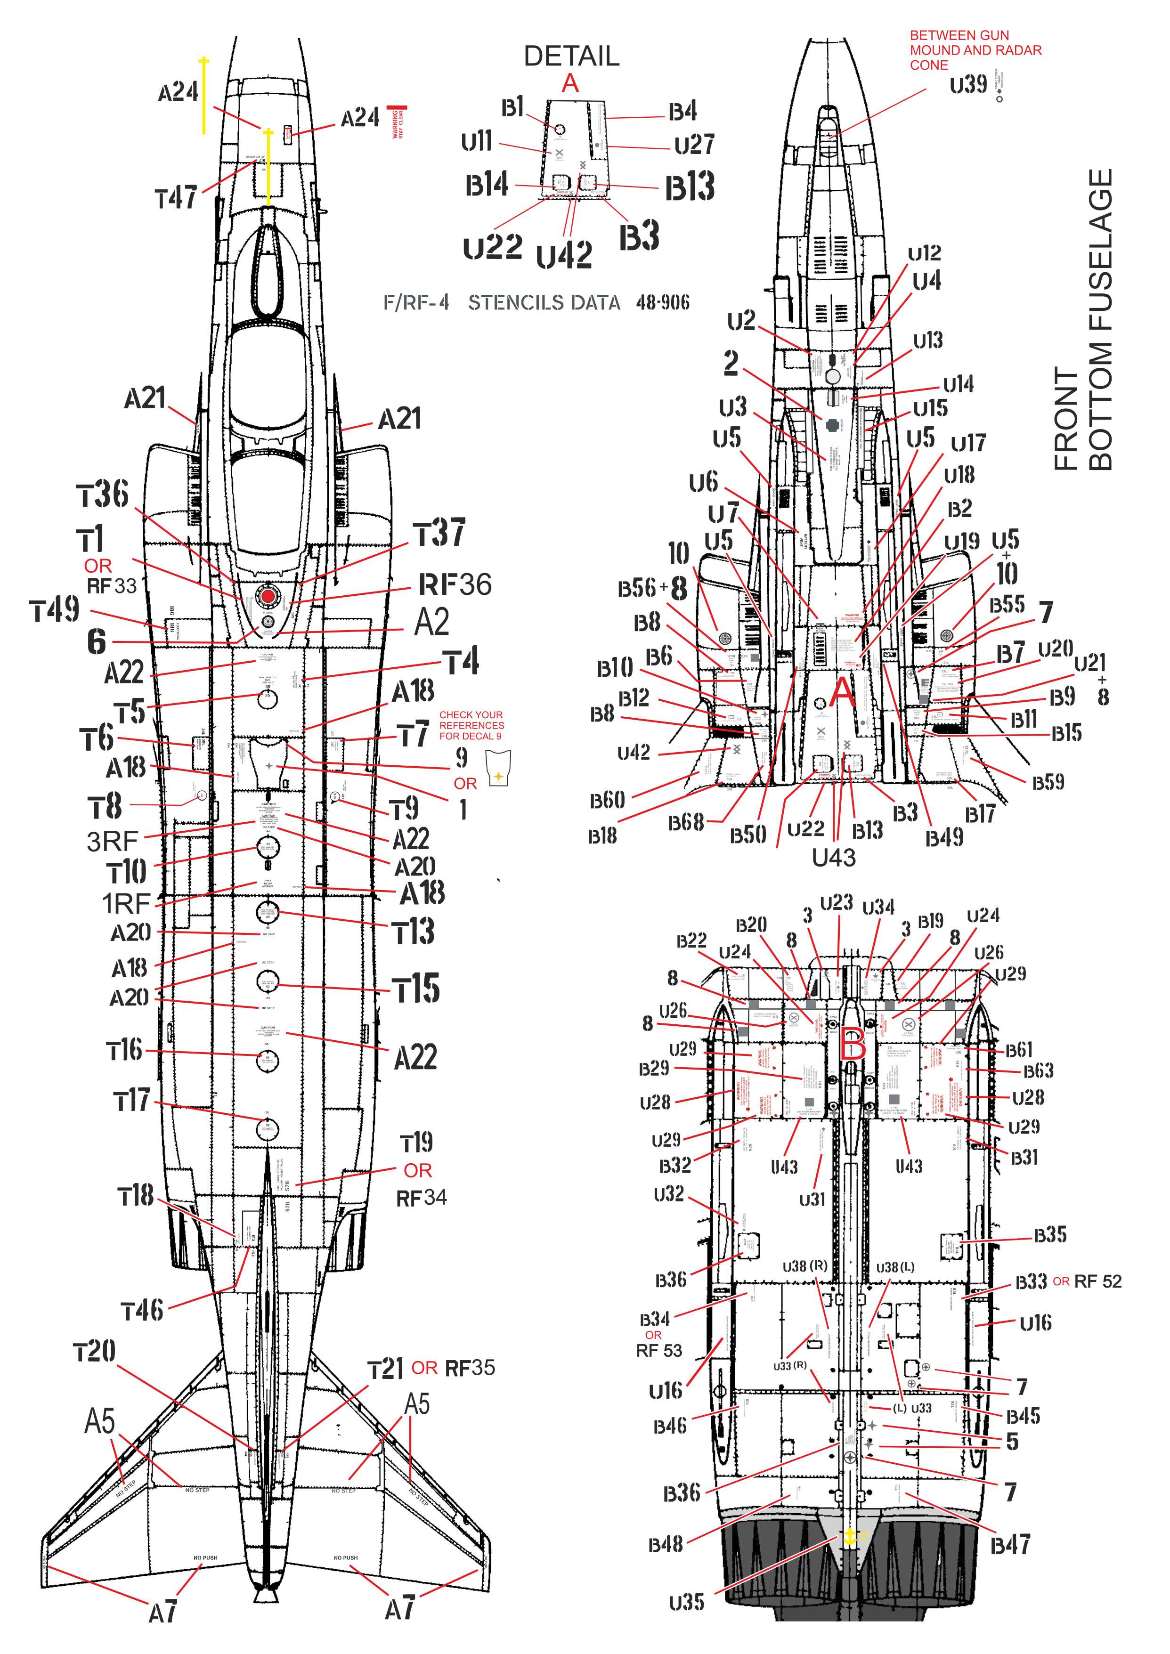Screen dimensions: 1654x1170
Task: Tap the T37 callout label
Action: click(x=439, y=533)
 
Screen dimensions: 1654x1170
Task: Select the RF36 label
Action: click(x=455, y=585)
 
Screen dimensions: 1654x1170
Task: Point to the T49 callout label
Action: click(x=54, y=611)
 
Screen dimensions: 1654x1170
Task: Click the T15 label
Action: click(x=416, y=989)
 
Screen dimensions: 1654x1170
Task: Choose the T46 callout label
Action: click(x=142, y=1310)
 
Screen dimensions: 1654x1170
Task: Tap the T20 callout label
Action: click(x=94, y=1352)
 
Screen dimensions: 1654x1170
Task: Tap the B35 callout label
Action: click(x=1050, y=1235)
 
